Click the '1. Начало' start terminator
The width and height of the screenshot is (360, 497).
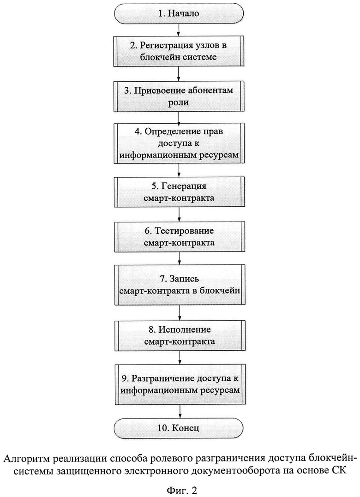180,13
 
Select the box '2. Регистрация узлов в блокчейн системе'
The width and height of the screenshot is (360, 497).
180,51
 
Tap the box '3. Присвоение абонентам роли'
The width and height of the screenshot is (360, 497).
180,96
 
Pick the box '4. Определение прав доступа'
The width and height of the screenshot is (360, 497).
180,143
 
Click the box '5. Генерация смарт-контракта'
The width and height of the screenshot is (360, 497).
180,192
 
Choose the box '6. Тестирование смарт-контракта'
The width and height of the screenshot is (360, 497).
180,236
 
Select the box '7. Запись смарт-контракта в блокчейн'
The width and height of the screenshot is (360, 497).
180,285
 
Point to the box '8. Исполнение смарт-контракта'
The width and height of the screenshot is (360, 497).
180,335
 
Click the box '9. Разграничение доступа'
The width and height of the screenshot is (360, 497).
180,384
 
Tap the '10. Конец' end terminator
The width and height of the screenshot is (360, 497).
180,428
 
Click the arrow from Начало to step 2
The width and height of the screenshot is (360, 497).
180,30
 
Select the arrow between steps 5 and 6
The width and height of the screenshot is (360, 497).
180,214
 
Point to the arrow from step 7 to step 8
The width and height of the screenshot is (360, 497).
180,312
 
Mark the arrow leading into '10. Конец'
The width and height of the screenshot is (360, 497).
180,412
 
